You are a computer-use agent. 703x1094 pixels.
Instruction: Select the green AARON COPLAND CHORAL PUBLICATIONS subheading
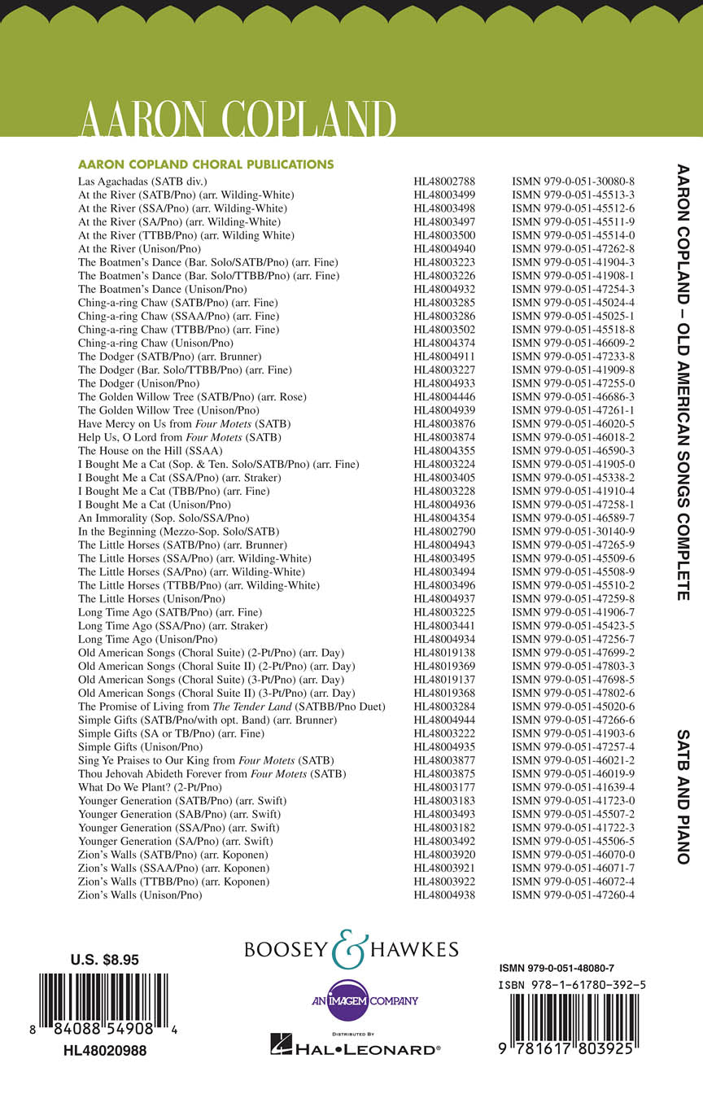pyautogui.click(x=206, y=164)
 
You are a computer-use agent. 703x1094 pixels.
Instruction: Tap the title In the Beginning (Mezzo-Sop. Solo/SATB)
pyautogui.click(x=179, y=531)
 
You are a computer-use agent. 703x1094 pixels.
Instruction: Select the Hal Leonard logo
pyautogui.click(x=355, y=1049)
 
